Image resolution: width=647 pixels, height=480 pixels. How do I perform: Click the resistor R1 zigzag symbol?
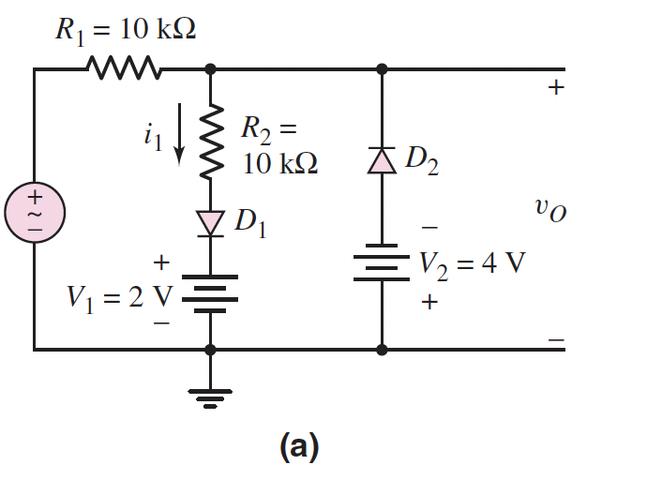[x=124, y=68]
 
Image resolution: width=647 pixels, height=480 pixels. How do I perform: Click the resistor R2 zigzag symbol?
[x=210, y=140]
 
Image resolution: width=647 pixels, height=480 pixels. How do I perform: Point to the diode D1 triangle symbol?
[x=210, y=222]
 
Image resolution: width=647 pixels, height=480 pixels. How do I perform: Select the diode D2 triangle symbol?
[x=382, y=161]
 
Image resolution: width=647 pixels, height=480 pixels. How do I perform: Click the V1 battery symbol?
[x=210, y=290]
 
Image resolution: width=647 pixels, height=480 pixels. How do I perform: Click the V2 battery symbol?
[x=382, y=266]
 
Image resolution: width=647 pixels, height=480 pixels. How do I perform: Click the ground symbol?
[x=210, y=398]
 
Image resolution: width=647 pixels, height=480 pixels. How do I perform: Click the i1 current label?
[x=153, y=137]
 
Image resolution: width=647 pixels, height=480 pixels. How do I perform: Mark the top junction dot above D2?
[x=382, y=68]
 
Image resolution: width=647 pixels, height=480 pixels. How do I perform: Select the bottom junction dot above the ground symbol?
[x=210, y=350]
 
